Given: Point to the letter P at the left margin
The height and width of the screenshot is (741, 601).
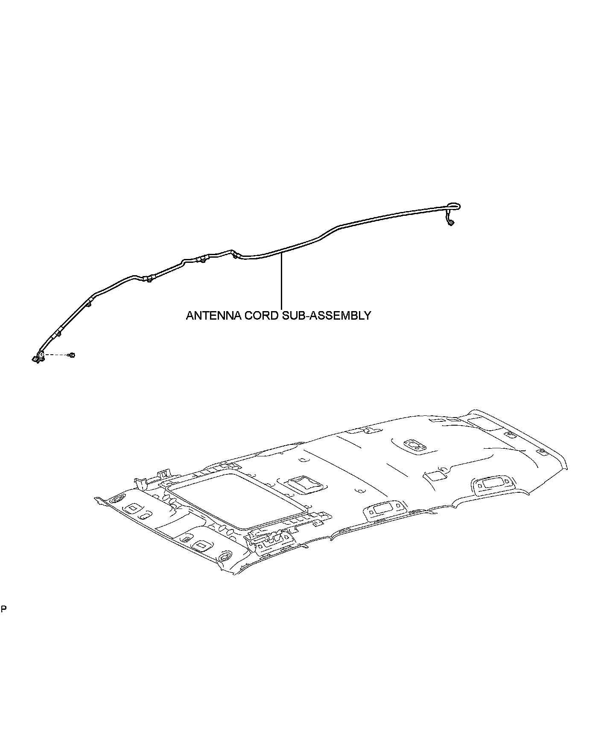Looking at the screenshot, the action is point(3,609).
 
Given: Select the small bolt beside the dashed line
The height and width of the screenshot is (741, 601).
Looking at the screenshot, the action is point(72,355).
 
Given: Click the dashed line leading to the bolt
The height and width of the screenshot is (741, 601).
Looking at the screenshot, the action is point(56,355).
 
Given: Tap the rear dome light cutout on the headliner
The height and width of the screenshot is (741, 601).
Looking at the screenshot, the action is point(414,445).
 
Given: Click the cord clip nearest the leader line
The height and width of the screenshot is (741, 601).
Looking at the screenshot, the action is point(236,256).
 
